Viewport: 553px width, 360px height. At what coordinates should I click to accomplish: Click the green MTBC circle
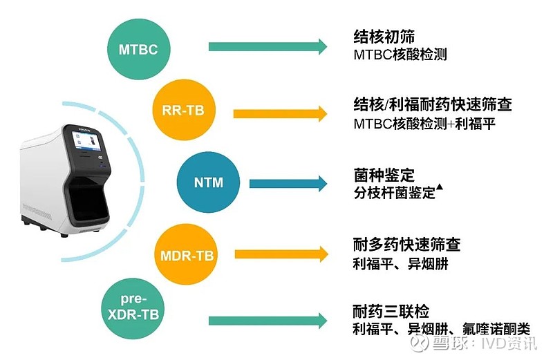[x=139, y=49]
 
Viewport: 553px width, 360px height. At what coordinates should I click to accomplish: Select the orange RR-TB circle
[x=183, y=110]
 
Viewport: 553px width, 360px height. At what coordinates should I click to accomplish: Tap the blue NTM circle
[x=209, y=182]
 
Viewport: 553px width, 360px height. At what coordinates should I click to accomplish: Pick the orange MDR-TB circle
[x=187, y=254]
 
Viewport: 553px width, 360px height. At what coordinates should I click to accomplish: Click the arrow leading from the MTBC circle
[x=268, y=46]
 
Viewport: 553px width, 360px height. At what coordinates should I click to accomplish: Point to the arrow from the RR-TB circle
[x=281, y=113]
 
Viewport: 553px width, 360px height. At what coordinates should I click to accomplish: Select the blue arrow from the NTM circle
[x=288, y=183]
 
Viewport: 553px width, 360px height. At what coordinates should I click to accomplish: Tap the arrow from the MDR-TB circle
[x=281, y=254]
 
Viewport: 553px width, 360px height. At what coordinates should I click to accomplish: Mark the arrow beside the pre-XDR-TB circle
[x=268, y=321]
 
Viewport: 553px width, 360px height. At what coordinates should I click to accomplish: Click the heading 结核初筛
[x=384, y=37]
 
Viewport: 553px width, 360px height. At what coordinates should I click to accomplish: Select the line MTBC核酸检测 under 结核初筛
[x=400, y=55]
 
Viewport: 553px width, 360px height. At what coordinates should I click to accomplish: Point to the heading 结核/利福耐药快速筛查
[x=433, y=104]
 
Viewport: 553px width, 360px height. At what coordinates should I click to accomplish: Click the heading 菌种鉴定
[x=384, y=175]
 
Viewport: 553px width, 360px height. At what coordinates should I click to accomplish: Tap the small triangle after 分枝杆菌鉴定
[x=440, y=187]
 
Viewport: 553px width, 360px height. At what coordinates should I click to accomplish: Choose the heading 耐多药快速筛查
[x=406, y=245]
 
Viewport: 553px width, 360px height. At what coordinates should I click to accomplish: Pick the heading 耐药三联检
[x=391, y=312]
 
